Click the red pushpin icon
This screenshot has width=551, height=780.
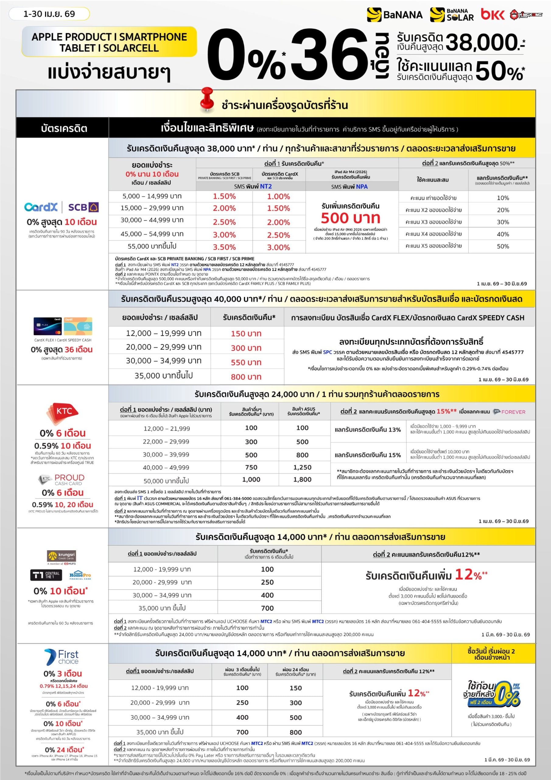(206, 98)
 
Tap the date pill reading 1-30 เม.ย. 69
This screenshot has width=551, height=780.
(49, 14)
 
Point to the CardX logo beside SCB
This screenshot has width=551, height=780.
(41, 207)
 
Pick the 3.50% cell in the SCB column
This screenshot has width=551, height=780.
(224, 247)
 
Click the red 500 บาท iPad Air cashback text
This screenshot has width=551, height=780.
(350, 218)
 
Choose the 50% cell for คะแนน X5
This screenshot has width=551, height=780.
(503, 246)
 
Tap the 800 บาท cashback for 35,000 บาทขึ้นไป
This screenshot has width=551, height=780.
(246, 376)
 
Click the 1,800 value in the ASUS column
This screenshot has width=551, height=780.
(302, 479)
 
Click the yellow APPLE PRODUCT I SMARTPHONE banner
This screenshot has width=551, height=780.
(109, 42)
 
